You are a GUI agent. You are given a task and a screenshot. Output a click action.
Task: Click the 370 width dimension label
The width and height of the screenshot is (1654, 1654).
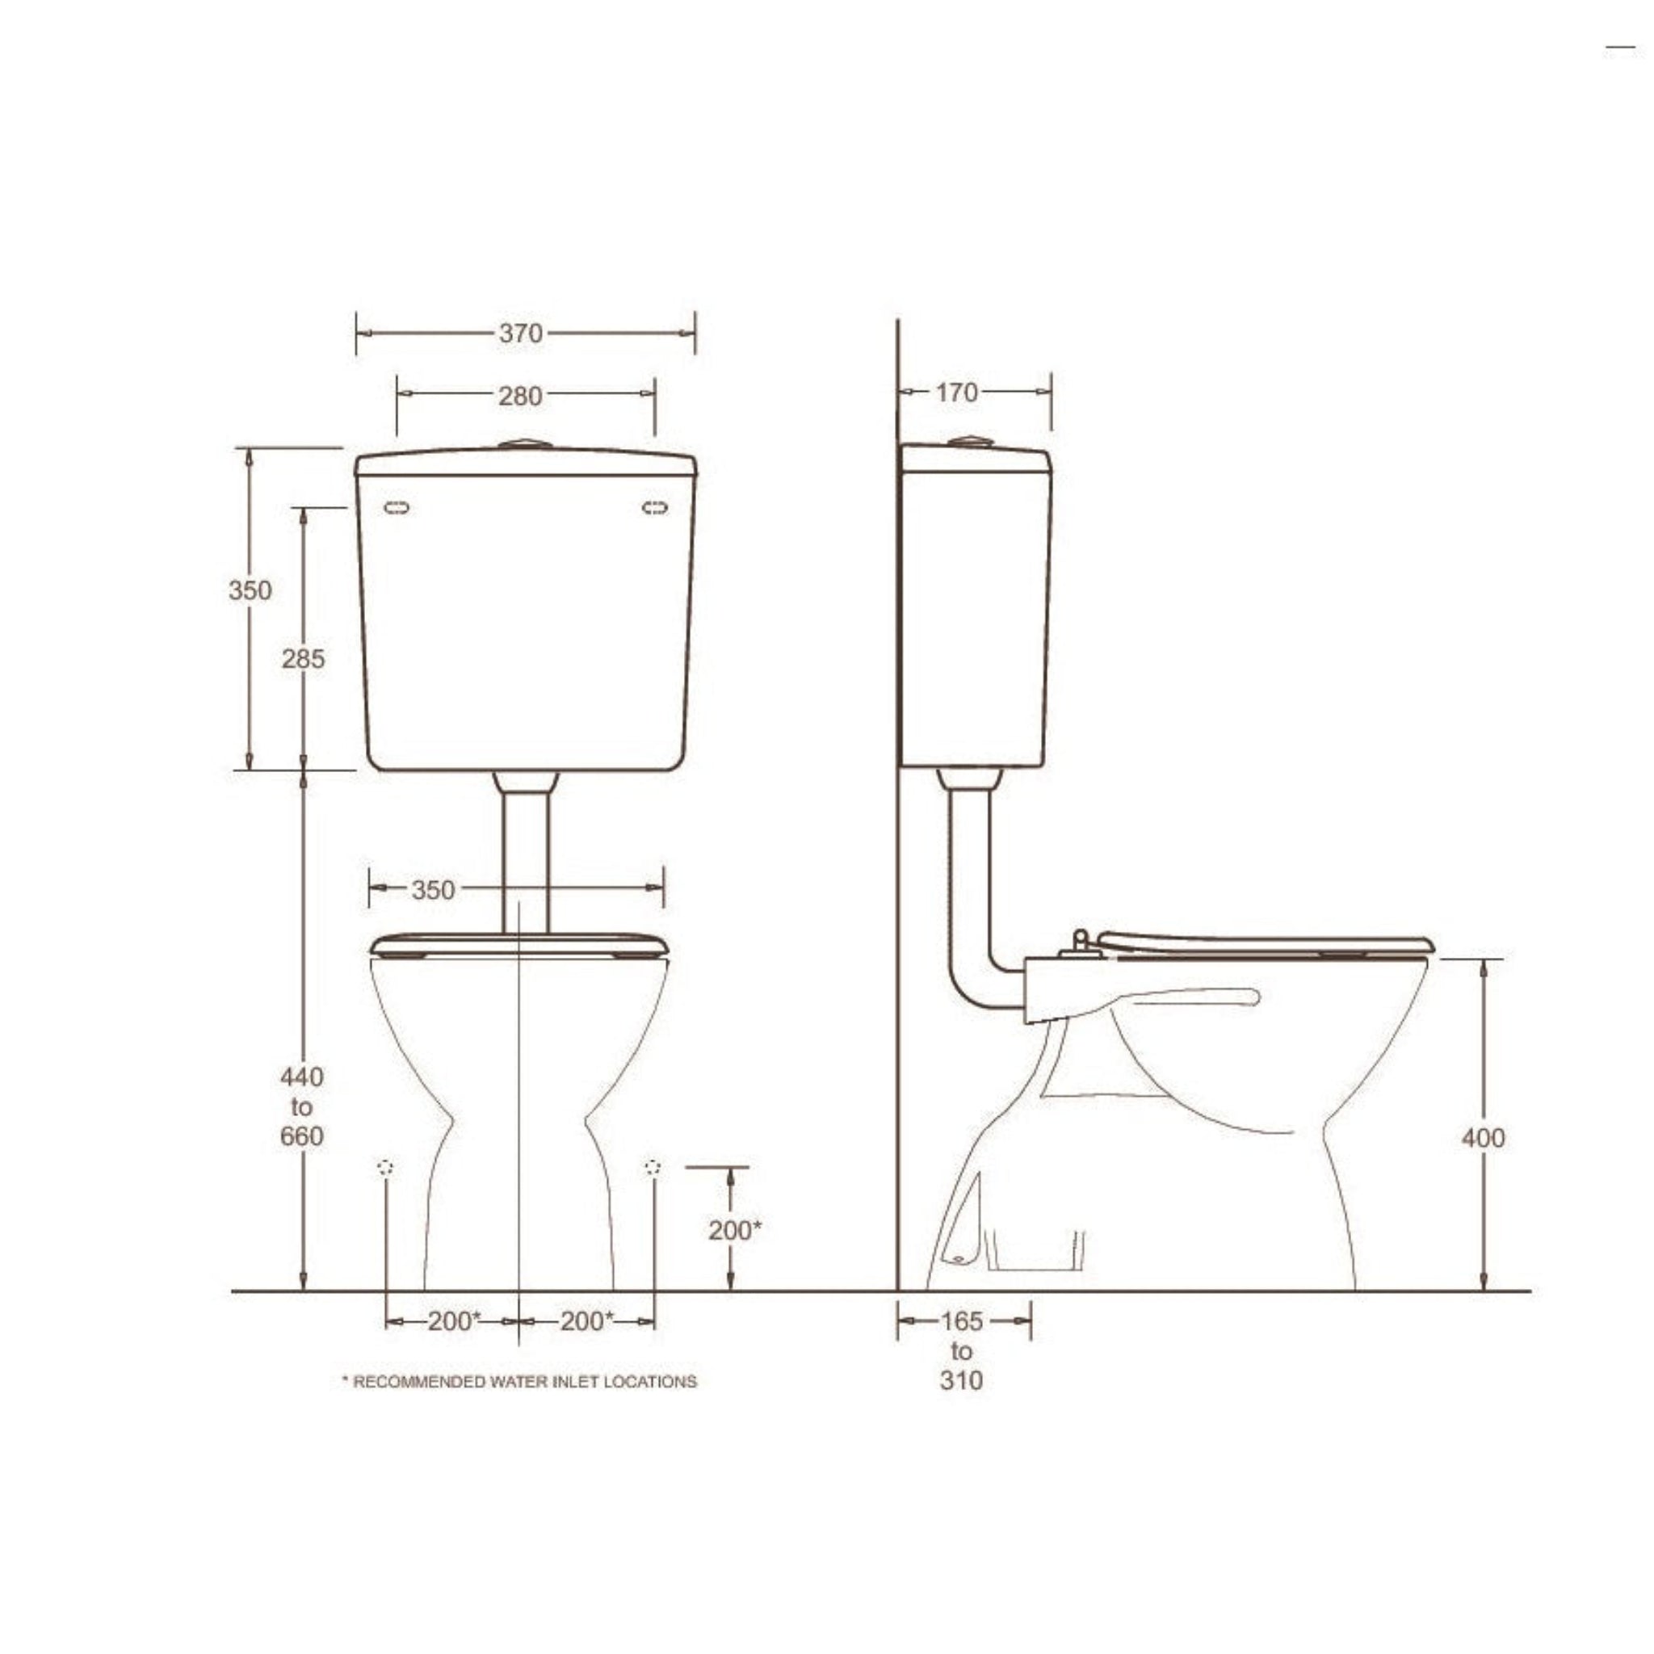coord(521,333)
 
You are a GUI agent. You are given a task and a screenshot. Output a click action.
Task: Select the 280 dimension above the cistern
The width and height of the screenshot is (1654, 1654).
coord(521,397)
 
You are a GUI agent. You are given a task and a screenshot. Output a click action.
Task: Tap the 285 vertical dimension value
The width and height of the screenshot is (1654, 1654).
coord(303,658)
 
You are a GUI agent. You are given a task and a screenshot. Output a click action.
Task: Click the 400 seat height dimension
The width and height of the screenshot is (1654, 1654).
coord(1483,1138)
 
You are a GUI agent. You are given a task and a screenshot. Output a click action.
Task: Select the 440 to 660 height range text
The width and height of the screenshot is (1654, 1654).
coord(301,1106)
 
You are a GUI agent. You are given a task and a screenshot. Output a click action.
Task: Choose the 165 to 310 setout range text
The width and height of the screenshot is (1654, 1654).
coord(961,1350)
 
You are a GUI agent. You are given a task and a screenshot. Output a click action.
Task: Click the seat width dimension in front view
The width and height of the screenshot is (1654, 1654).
coord(432,890)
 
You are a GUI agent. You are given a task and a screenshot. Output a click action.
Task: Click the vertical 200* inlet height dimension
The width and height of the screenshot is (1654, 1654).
coord(733,1229)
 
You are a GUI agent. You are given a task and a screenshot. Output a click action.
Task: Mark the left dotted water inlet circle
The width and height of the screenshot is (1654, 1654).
coord(385,1168)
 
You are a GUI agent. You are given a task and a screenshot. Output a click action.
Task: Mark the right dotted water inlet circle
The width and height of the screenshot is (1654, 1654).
coord(653,1167)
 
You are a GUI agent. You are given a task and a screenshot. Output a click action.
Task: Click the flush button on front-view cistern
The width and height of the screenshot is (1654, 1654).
coord(525,444)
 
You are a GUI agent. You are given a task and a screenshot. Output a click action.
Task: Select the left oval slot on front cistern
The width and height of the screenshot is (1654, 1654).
coord(397,508)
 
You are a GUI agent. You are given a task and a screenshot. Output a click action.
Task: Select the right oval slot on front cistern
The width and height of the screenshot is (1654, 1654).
coord(655,508)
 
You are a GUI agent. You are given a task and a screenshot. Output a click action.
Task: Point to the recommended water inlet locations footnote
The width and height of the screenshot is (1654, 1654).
coord(519,1381)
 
